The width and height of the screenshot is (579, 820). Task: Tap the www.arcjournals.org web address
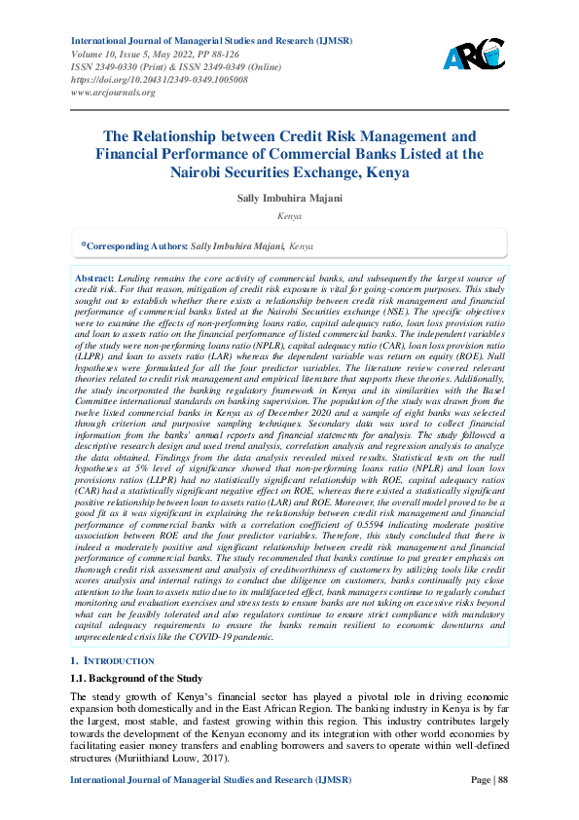[x=113, y=92]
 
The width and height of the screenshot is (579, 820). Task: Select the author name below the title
[x=289, y=198]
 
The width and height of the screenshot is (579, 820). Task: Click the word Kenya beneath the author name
[x=289, y=215]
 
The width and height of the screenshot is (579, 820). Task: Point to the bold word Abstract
[x=94, y=279]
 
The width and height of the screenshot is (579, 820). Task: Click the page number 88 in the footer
[x=501, y=779]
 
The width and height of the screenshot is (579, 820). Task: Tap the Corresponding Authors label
[x=134, y=247]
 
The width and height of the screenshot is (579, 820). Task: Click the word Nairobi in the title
[x=232, y=172]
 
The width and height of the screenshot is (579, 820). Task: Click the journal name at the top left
[x=210, y=41]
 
